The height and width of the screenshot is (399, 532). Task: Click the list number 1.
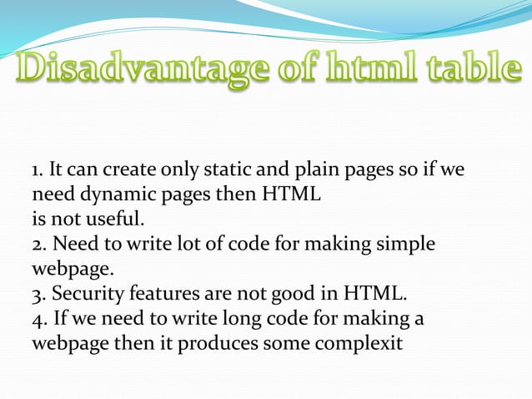coord(37,172)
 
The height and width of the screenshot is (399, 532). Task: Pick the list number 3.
coord(37,294)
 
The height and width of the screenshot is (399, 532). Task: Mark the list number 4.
coord(37,319)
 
